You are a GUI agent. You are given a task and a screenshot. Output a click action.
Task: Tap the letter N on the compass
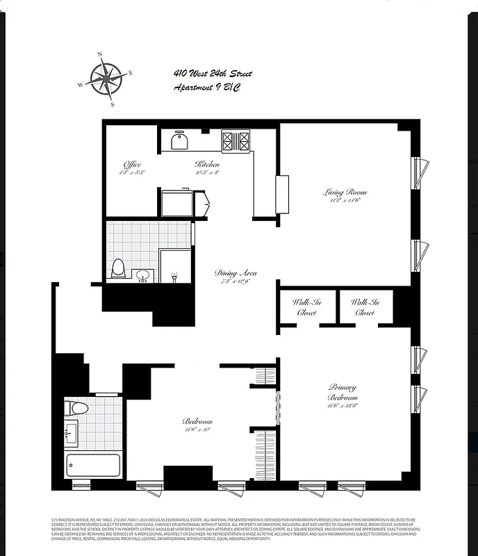point(99,54)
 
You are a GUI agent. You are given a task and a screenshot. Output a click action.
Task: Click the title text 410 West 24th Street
point(213,74)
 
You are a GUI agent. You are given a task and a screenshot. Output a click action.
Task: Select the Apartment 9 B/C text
point(208,88)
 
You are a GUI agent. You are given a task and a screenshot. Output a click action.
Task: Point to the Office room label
point(132,165)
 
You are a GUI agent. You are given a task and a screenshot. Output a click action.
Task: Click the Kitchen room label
point(207,165)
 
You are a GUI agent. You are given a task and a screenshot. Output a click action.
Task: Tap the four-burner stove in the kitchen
point(236,141)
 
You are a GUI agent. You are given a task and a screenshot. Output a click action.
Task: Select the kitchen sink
point(180,141)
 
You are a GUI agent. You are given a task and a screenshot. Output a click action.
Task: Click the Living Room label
point(345,192)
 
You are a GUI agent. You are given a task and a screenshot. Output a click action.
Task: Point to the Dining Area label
point(236,273)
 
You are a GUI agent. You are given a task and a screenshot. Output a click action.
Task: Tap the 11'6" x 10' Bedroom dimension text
point(197,430)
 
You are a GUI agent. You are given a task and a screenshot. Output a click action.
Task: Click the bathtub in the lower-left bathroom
point(92,465)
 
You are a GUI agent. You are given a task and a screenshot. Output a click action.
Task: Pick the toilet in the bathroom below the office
point(117,268)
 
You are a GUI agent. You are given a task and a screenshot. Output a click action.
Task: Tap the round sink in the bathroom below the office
point(144,275)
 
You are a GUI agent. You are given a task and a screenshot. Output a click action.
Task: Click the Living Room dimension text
point(345,201)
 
